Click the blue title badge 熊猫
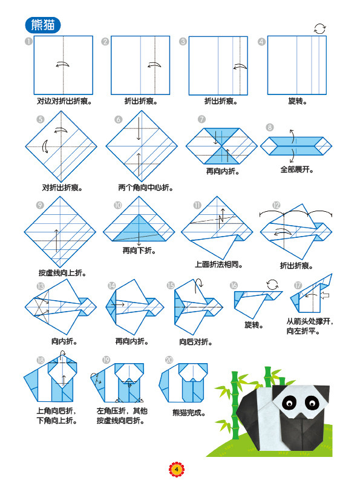43,25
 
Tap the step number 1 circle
28,41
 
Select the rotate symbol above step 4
319,29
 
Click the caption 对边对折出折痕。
64,101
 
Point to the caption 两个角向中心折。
146,188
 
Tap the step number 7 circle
201,119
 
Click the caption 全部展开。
296,169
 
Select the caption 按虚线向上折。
62,273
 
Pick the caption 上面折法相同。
219,264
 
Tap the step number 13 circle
41,286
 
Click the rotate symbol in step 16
272,284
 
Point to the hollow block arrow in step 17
325,295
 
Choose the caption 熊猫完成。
189,413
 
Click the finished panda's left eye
289,403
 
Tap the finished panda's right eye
312,402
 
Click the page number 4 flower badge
177,470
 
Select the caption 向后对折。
196,342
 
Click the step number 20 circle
169,360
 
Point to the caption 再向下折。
139,251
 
